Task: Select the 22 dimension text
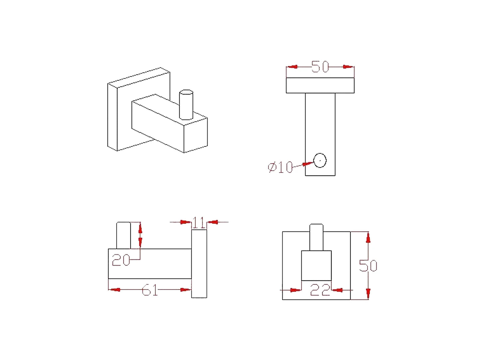point(320,290)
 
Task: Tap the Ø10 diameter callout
point(280,167)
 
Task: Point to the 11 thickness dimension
point(199,223)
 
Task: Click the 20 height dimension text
point(121,260)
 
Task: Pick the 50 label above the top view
point(320,66)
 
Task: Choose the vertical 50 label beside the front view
point(368,266)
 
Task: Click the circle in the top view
point(320,160)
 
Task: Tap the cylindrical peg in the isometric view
point(186,105)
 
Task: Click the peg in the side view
point(123,235)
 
